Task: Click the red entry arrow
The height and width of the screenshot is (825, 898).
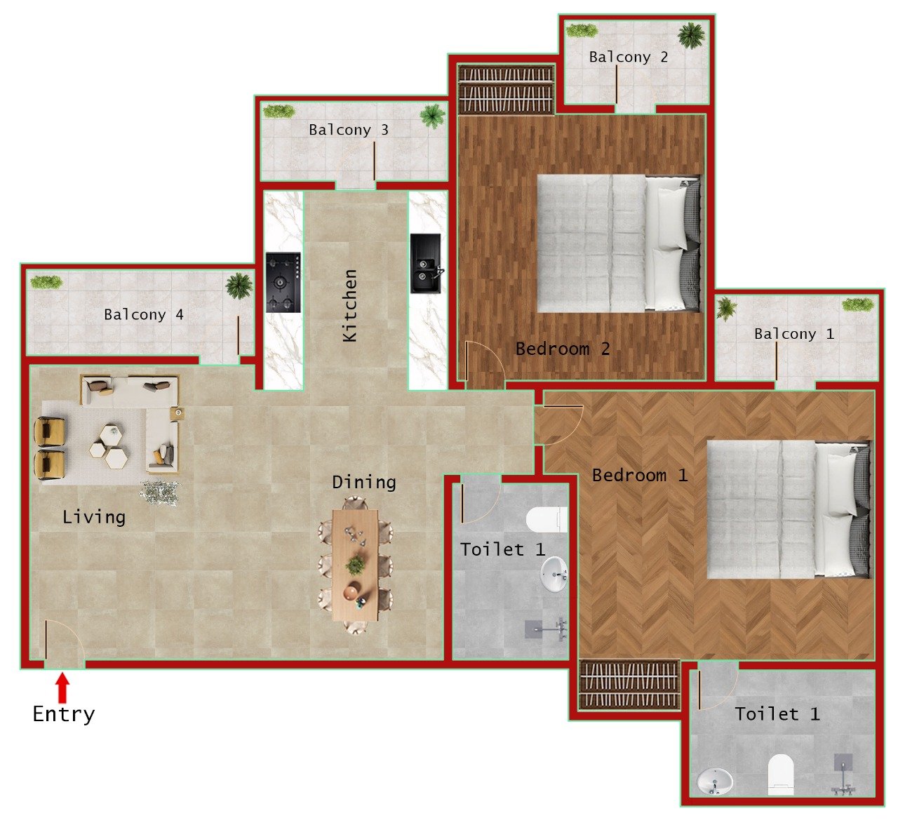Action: [x=62, y=687]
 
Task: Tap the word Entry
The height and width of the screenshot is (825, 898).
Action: [x=63, y=714]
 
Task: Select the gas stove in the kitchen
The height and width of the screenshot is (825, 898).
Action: [x=283, y=282]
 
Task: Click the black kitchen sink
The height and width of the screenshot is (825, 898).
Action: [x=425, y=264]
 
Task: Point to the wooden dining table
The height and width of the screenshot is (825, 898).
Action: [x=355, y=565]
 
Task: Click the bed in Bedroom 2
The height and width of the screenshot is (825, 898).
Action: [x=618, y=243]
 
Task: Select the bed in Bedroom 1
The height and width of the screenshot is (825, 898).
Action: [x=788, y=509]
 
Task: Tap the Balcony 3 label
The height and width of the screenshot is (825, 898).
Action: [x=348, y=130]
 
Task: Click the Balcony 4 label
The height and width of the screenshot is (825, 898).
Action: [x=143, y=314]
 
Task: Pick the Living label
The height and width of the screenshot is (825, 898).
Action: [x=94, y=517]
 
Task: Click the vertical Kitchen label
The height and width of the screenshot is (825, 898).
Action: [x=349, y=306]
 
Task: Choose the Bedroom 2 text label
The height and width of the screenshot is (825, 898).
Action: [x=562, y=349]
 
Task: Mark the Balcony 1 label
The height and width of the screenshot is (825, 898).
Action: [x=793, y=334]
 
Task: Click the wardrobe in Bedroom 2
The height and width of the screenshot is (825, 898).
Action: [x=506, y=89]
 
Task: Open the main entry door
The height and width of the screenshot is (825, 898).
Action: [x=63, y=642]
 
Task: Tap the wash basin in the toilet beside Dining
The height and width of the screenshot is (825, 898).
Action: [x=554, y=575]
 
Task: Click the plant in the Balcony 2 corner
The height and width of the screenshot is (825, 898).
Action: [x=692, y=35]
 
